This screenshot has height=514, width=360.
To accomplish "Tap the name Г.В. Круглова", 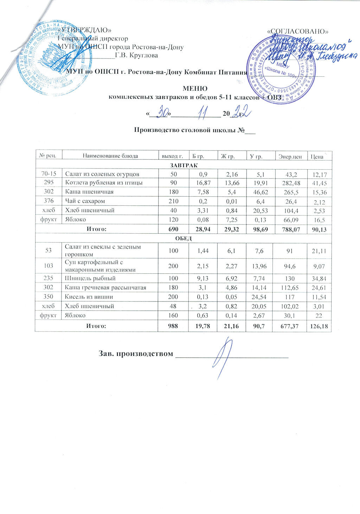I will click(136, 55).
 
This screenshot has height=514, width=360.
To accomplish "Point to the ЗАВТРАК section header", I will click(184, 165).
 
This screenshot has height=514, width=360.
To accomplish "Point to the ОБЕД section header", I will click(184, 238).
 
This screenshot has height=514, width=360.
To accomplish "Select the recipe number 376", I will click(49, 201).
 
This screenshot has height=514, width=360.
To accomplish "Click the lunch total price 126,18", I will click(319, 327).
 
